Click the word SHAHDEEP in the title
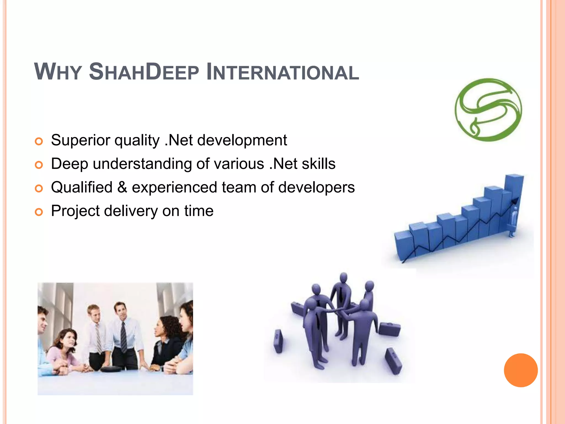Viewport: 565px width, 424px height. [144, 72]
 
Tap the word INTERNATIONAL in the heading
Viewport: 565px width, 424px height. [282, 72]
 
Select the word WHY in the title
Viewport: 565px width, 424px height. [58, 72]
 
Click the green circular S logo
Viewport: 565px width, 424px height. [488, 110]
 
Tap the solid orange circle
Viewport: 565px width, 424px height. [521, 370]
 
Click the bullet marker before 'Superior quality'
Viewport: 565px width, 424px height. [39, 141]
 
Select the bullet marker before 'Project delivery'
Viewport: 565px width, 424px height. [39, 212]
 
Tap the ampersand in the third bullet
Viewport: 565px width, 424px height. [122, 187]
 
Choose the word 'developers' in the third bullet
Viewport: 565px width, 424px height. [316, 187]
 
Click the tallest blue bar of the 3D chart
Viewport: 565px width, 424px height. [513, 199]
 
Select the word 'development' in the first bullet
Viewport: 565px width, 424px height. [242, 140]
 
